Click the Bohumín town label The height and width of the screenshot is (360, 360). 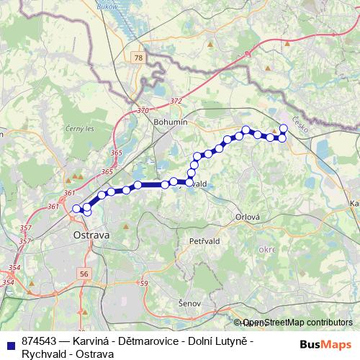click(171, 122)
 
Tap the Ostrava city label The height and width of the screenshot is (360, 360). click(91, 235)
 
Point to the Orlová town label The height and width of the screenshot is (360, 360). click(246, 216)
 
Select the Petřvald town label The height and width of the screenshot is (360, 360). click(203, 240)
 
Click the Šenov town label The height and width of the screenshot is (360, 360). click(190, 304)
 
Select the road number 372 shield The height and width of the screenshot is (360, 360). click(176, 102)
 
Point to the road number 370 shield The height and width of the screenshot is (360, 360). click(142, 111)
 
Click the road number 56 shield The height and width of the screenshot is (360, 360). click(85, 274)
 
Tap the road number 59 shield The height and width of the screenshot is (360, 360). click(143, 284)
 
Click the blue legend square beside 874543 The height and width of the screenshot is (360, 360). click(9, 341)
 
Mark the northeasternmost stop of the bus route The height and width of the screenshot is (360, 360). click(284, 128)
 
